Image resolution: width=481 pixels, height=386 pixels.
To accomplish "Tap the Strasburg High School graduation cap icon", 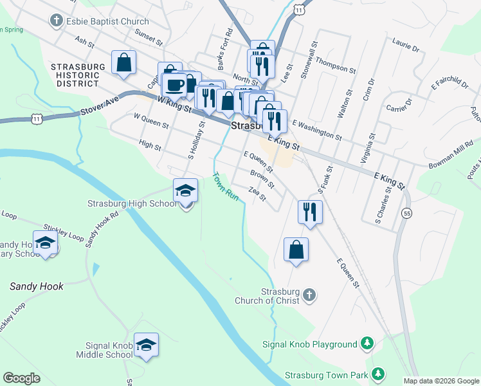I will click(x=185, y=190).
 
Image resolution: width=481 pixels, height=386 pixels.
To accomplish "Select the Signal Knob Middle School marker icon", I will click(x=147, y=345).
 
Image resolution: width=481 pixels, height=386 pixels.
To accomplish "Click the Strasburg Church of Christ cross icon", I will click(x=309, y=295).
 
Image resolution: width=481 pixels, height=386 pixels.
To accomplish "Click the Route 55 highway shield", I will click(x=407, y=213).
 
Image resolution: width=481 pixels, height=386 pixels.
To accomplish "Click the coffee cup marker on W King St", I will click(x=174, y=85).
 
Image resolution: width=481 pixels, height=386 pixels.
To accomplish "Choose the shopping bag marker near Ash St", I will click(x=123, y=62).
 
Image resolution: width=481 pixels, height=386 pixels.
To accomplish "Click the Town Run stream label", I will click(x=226, y=187).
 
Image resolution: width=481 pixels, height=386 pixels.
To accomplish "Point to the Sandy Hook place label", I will click(x=37, y=286).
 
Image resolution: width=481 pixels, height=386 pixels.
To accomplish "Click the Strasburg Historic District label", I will click(x=75, y=75).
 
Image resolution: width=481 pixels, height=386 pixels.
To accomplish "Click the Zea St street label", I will click(x=257, y=193).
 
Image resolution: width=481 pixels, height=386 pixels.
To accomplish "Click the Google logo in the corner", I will click(x=21, y=378).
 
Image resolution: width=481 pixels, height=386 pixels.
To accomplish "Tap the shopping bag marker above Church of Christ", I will click(x=296, y=250).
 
